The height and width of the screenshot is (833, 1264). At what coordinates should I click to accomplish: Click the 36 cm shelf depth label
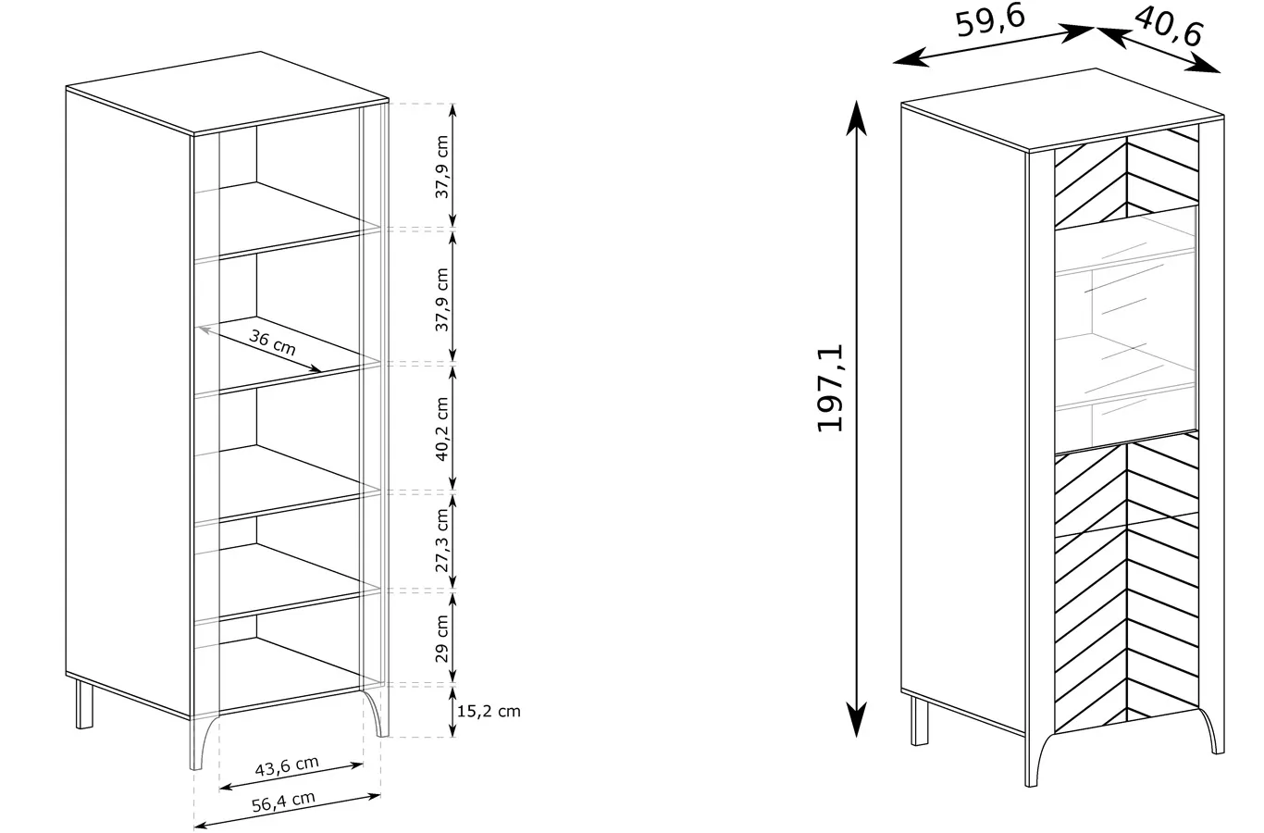point(273,342)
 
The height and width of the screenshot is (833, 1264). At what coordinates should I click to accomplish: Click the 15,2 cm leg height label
point(489,711)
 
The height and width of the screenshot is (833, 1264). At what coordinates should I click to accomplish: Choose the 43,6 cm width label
point(287,765)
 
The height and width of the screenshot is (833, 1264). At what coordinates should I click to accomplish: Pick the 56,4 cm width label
point(283,802)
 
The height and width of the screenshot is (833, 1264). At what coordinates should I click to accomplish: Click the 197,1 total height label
point(830,389)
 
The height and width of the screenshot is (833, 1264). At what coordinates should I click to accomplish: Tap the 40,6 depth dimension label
point(1169,27)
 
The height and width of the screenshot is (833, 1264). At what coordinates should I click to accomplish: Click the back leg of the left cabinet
point(84,703)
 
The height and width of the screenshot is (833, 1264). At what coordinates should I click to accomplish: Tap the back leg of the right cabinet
point(919,721)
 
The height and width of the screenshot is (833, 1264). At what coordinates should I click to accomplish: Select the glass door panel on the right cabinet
point(1126,329)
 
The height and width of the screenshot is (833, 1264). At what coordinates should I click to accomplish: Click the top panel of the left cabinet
point(228,93)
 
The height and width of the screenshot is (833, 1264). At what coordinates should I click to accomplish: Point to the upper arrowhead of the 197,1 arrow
point(857,118)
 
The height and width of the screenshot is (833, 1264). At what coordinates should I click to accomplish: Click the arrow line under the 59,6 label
point(994,45)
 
